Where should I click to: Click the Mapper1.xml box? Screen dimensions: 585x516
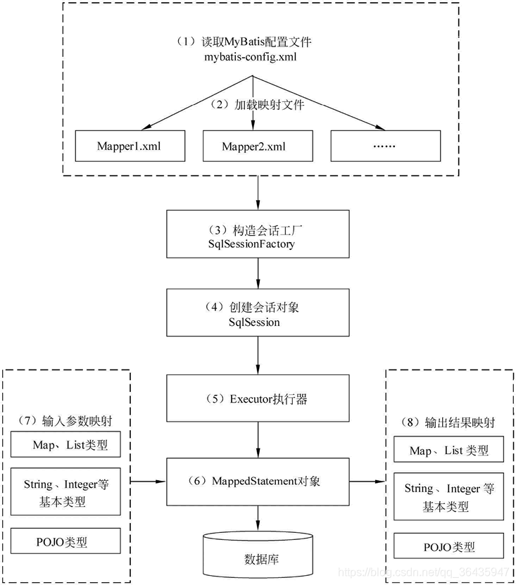click(x=130, y=146)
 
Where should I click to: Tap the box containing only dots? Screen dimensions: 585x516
click(x=386, y=146)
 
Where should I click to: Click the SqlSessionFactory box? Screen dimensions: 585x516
click(x=258, y=235)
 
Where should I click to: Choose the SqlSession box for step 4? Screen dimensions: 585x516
click(x=258, y=313)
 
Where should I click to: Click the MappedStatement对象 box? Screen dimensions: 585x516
click(x=258, y=482)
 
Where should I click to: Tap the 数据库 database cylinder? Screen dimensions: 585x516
click(x=258, y=555)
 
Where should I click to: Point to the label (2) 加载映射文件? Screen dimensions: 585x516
click(x=258, y=104)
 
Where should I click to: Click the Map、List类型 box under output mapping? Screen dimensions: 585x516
click(x=449, y=450)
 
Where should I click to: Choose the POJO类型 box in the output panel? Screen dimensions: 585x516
click(x=449, y=546)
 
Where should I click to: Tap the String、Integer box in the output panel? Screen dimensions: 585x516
click(x=449, y=496)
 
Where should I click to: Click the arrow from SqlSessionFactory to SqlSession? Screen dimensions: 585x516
click(x=258, y=272)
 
